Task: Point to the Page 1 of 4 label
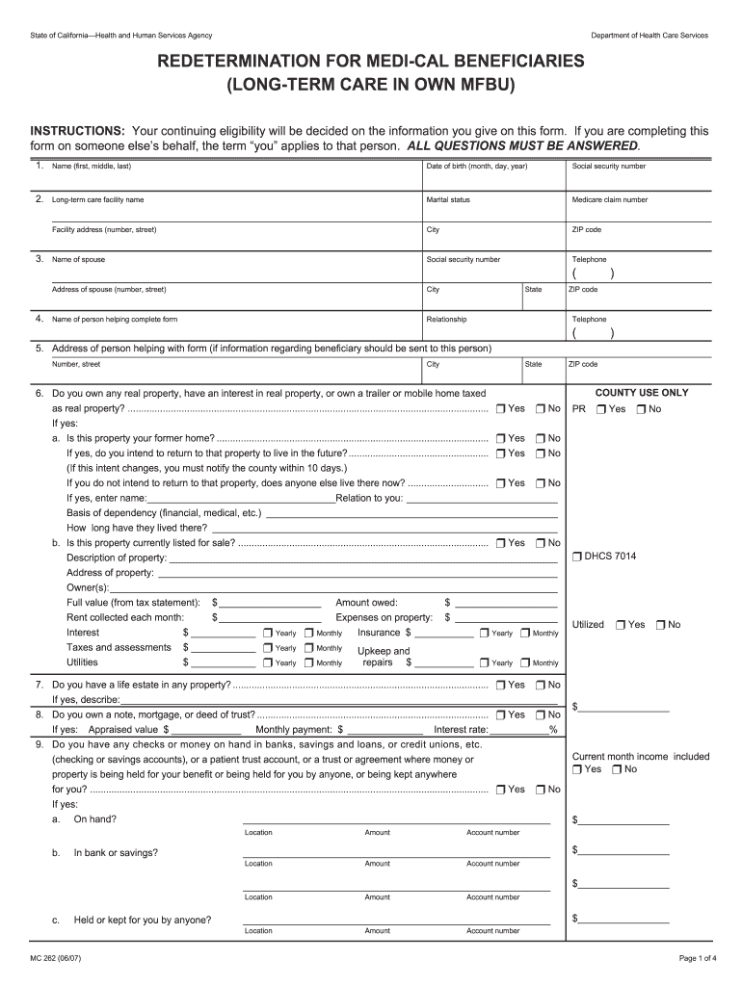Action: coord(685,958)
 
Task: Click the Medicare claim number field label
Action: coord(609,200)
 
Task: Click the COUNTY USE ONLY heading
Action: coord(642,393)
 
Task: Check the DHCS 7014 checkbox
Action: coord(577,558)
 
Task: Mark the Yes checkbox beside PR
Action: coord(601,409)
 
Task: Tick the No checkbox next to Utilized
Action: coord(660,625)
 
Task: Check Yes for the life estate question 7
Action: coord(501,685)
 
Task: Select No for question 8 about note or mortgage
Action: coord(541,715)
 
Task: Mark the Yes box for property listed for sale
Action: coord(501,543)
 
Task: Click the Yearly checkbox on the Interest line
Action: coord(267,634)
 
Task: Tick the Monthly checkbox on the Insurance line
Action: coord(525,634)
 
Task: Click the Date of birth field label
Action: coord(477,167)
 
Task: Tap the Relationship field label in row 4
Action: coord(446,320)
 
